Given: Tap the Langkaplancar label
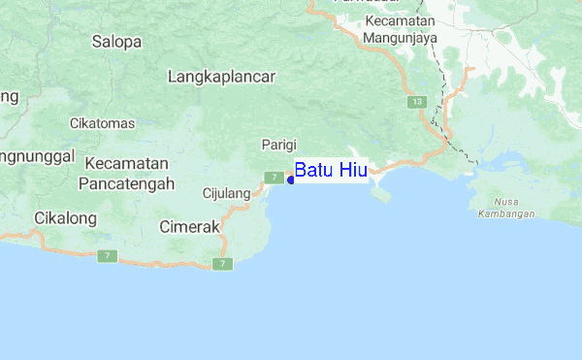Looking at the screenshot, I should (222, 76).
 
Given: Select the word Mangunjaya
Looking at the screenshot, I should (400, 38).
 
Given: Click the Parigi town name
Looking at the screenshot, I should (278, 144).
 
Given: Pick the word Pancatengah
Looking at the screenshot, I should (126, 182).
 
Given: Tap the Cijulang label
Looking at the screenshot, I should (226, 193).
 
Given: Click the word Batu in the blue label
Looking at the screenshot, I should (313, 171).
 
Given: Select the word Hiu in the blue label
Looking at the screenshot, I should (351, 171).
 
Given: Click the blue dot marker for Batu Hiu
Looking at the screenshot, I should (291, 180).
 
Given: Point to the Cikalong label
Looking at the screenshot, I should (65, 218).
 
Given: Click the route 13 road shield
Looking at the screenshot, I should (417, 101).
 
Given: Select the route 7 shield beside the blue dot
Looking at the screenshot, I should (275, 178).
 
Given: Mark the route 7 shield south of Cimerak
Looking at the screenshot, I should (224, 264).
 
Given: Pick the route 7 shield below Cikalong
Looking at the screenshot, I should (108, 256).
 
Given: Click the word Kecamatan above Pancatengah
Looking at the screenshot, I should (127, 163).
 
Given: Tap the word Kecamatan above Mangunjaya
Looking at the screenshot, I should (400, 20).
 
